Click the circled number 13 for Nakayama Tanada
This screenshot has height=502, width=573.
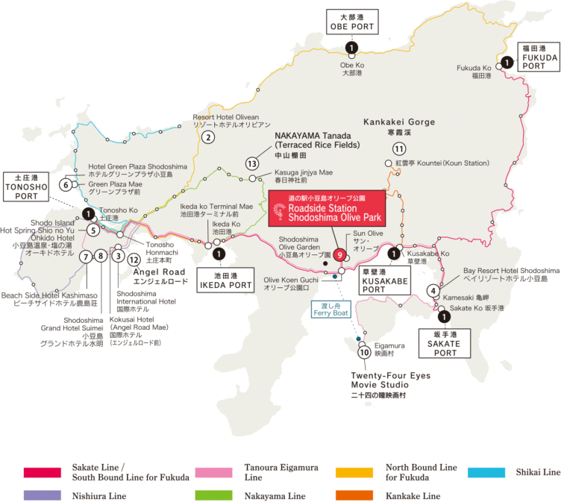pos(252,163)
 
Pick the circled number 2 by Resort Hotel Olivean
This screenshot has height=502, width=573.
pos(209,137)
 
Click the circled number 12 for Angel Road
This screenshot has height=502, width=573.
pos(134,260)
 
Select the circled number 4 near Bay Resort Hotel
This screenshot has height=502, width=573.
pos(433,290)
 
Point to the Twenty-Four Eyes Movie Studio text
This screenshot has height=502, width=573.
pos(391,380)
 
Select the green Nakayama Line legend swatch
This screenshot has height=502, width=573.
pos(212,495)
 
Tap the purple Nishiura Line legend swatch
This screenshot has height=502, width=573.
pos(41,495)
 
